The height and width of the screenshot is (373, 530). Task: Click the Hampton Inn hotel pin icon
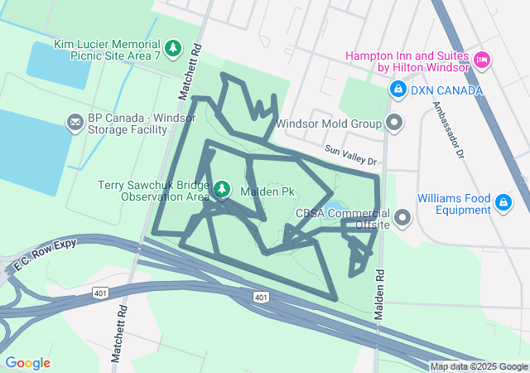point(482,60)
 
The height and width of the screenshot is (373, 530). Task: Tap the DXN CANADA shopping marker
point(397,89)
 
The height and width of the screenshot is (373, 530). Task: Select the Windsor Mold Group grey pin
point(395,124)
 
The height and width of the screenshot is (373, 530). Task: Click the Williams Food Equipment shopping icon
point(503,202)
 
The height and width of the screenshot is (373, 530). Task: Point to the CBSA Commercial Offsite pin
point(403,218)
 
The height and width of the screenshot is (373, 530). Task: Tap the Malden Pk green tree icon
point(222,191)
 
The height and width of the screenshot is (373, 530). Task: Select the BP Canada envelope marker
point(75,124)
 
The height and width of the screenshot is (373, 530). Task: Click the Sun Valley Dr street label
point(350,153)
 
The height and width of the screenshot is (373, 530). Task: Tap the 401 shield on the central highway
point(260,297)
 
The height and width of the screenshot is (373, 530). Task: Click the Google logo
point(27,362)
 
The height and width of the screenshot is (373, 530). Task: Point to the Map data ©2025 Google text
point(479,366)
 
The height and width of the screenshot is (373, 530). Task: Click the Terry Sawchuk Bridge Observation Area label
point(153,191)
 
